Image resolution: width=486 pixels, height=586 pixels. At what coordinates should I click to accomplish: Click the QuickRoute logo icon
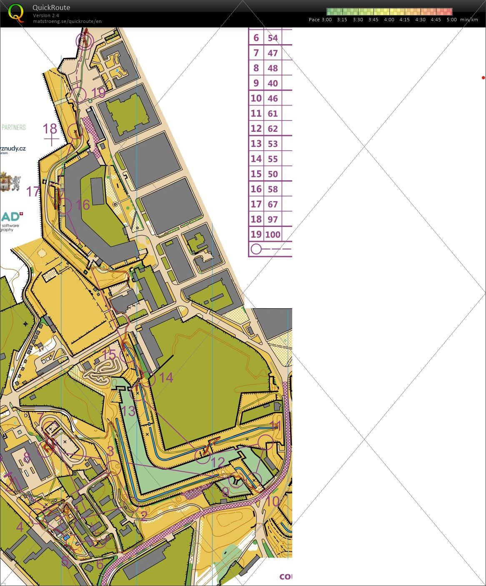[x=16, y=13]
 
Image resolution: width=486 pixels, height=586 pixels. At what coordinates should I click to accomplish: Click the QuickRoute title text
[x=51, y=8]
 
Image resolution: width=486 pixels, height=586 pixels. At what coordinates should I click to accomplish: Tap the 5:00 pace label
[x=451, y=20]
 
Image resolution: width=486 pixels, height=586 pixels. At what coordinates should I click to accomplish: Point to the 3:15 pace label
[x=342, y=20]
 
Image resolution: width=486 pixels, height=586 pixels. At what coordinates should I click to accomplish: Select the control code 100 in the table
[x=273, y=234]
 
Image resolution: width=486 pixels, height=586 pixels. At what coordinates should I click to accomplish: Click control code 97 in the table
[x=273, y=219]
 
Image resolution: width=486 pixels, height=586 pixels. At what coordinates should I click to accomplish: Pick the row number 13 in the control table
[x=256, y=143]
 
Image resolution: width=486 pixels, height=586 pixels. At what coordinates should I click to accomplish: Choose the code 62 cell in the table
[x=273, y=128]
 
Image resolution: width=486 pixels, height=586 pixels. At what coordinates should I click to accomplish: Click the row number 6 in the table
[x=256, y=38]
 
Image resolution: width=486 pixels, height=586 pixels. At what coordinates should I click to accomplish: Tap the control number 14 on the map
[x=166, y=377]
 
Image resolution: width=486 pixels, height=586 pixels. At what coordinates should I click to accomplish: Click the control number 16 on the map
[x=83, y=204]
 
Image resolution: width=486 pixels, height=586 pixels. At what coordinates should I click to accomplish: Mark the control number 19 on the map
[x=98, y=93]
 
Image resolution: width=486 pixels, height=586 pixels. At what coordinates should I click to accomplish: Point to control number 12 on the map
[x=218, y=462]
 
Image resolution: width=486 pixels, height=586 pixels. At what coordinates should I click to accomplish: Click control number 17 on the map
[x=33, y=191]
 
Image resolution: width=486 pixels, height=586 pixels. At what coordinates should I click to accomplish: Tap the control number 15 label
[x=109, y=355]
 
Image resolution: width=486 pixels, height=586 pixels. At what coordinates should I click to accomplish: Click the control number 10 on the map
[x=272, y=501]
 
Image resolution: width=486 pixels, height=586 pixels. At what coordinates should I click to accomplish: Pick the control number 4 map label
[x=20, y=527]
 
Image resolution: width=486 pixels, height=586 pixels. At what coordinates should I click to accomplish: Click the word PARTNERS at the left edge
[x=13, y=127]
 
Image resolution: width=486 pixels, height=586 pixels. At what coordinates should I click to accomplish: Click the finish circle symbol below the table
[x=256, y=249]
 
